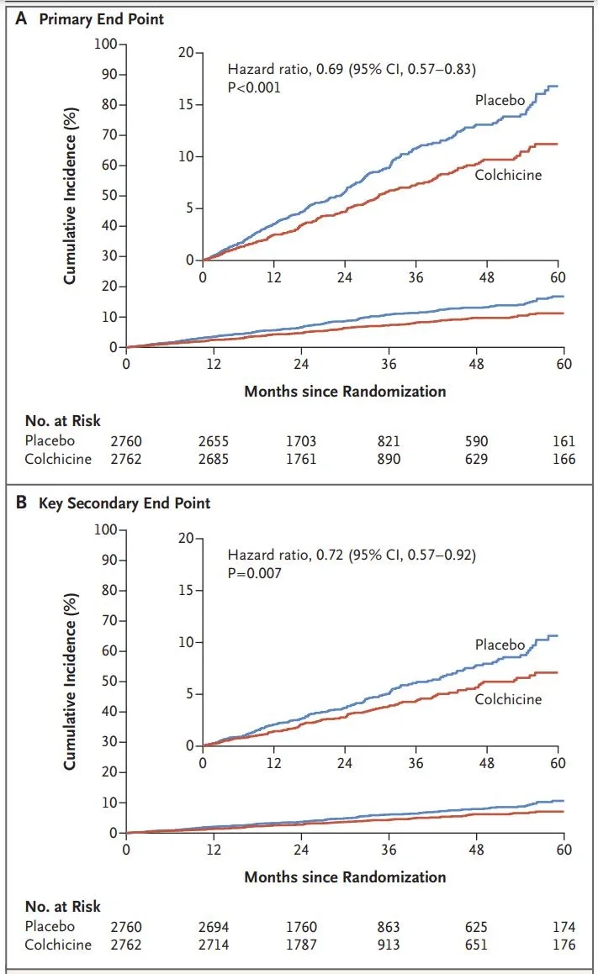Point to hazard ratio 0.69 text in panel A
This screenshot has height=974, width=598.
357,70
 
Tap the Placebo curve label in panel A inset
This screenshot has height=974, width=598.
500,101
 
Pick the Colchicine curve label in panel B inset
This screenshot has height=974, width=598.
508,698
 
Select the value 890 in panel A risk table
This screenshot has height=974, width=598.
389,459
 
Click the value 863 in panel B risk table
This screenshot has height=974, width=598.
389,927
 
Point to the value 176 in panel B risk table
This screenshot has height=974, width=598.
564,944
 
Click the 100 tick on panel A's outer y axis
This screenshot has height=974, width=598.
108,44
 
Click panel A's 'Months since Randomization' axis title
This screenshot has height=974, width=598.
345,391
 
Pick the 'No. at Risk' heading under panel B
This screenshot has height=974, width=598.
64,907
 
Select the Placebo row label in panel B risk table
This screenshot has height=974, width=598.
50,927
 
